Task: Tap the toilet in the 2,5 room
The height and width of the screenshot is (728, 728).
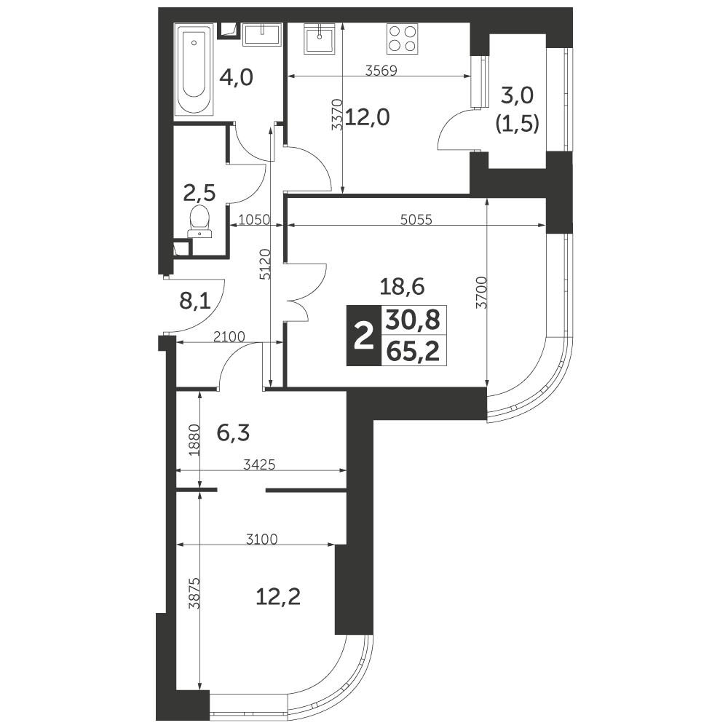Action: pyautogui.click(x=200, y=222)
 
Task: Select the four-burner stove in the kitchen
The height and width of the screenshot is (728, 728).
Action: pyautogui.click(x=403, y=39)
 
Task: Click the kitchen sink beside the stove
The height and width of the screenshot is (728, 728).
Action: pyautogui.click(x=320, y=39)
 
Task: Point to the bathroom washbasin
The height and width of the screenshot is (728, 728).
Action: pyautogui.click(x=262, y=35)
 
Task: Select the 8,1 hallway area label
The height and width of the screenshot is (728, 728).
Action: pyautogui.click(x=195, y=302)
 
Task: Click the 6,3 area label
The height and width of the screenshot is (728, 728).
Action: pyautogui.click(x=233, y=433)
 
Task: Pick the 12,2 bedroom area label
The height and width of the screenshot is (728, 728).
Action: pyautogui.click(x=278, y=596)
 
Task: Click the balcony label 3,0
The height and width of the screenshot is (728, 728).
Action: pyautogui.click(x=518, y=95)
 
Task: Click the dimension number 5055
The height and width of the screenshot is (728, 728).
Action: pyautogui.click(x=416, y=219)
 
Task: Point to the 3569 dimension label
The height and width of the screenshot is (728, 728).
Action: pyautogui.click(x=381, y=71)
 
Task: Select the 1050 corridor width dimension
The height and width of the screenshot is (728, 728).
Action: pyautogui.click(x=254, y=219)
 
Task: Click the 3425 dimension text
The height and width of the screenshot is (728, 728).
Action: pyautogui.click(x=260, y=464)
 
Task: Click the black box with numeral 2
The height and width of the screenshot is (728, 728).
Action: pyautogui.click(x=363, y=335)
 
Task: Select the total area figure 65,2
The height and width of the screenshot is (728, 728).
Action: pyautogui.click(x=413, y=351)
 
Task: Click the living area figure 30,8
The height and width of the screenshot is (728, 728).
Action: pyautogui.click(x=413, y=320)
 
